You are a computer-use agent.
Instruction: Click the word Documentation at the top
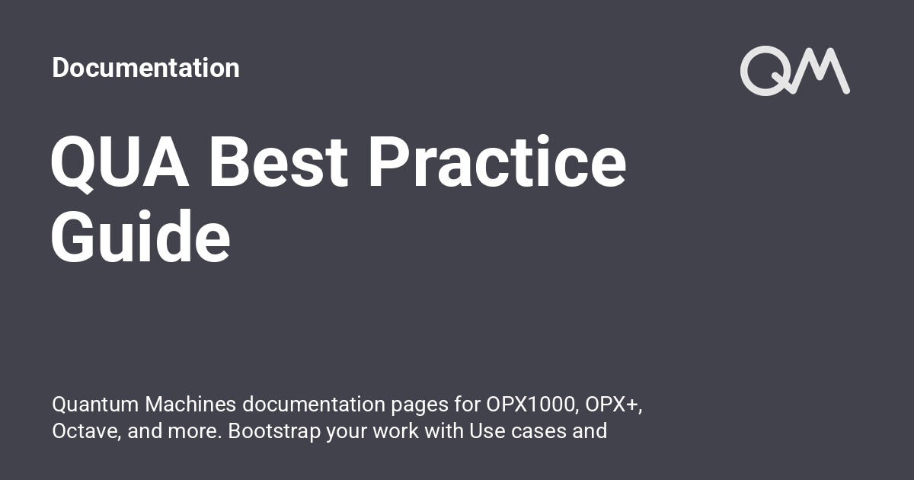click(145, 68)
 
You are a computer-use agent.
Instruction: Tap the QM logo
click(794, 71)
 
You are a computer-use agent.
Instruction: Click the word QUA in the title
click(120, 164)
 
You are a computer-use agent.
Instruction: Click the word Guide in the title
click(141, 238)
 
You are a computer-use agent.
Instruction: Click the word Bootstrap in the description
click(274, 431)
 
